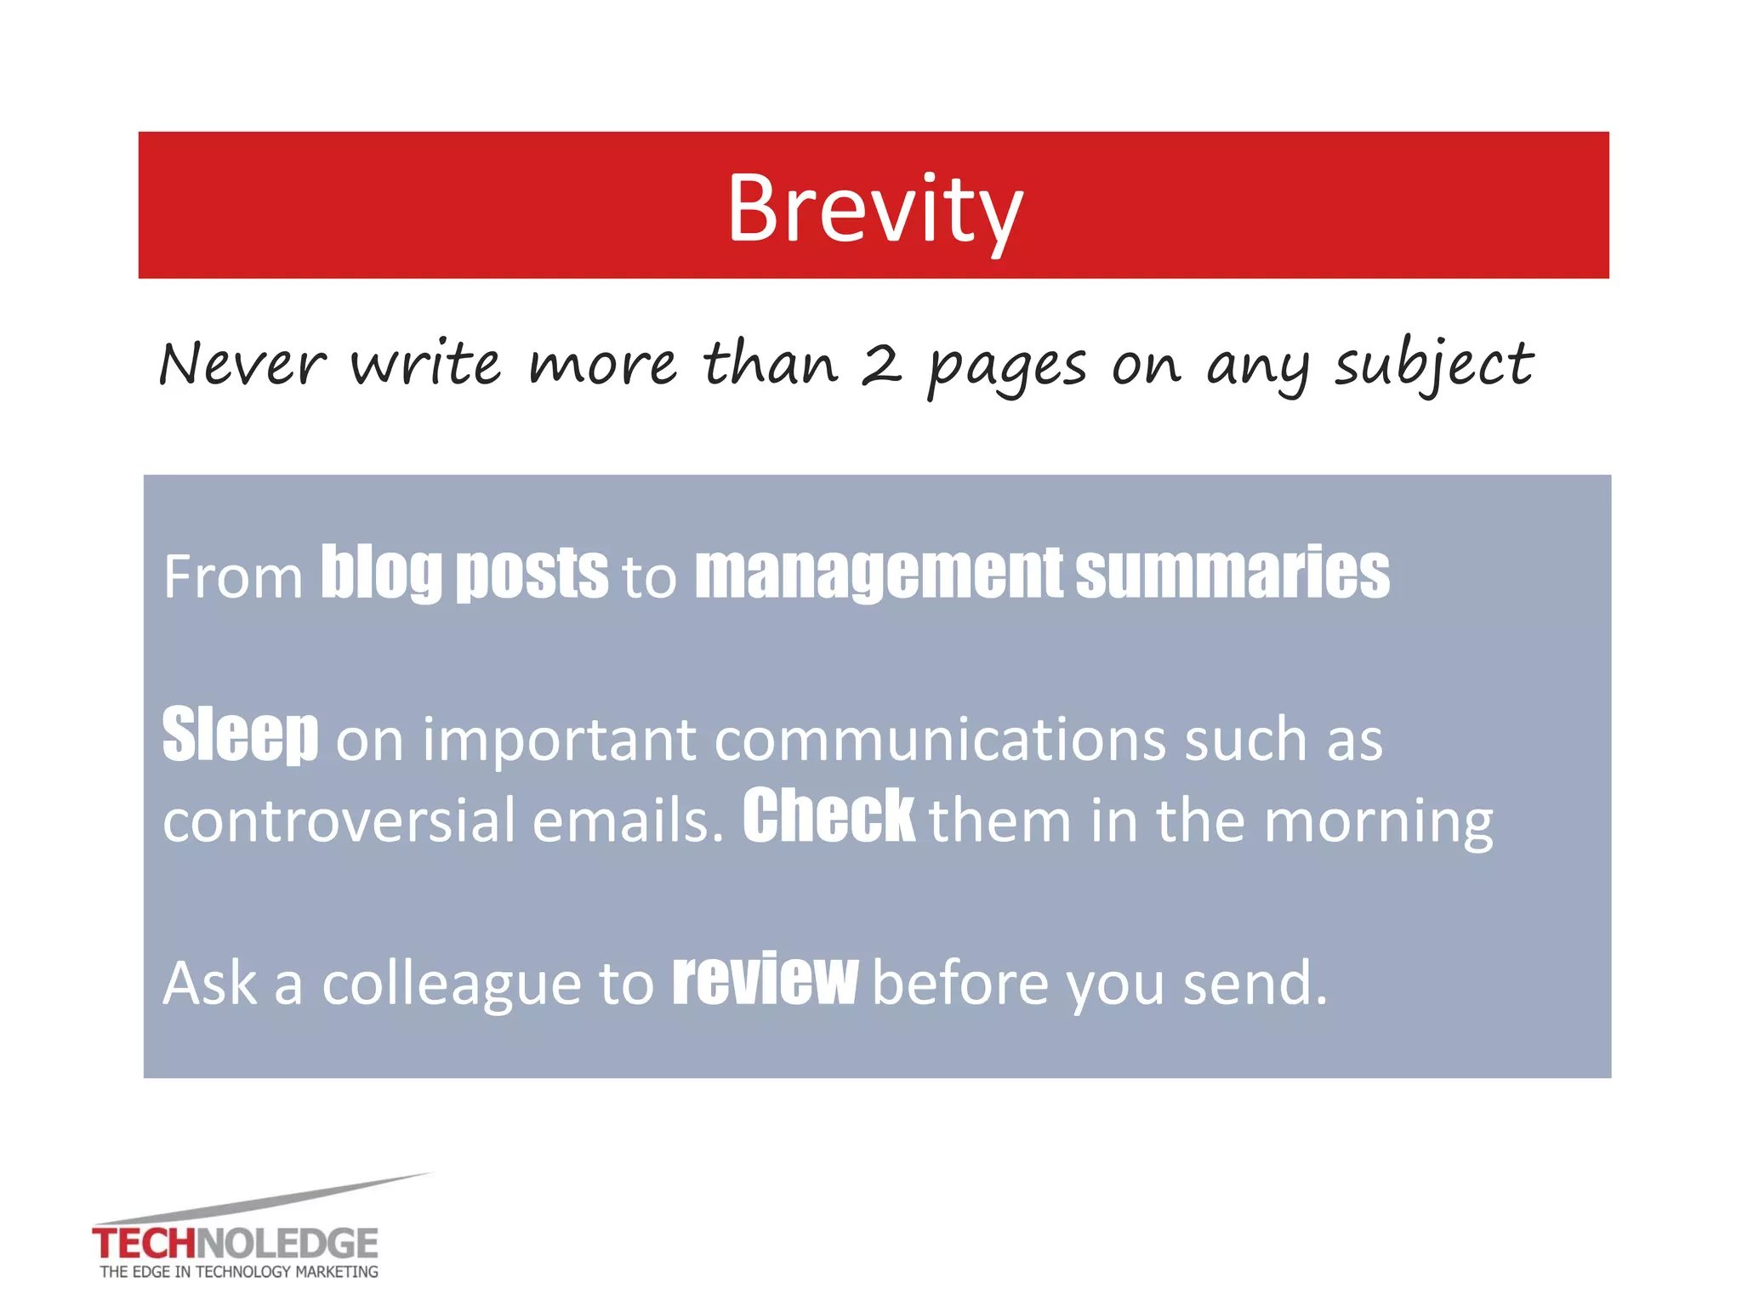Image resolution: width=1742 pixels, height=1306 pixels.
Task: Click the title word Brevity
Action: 874,208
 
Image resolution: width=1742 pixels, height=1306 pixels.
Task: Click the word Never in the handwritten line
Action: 242,364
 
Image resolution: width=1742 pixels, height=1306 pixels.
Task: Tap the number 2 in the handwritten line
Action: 881,365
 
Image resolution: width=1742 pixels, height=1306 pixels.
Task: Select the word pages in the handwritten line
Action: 1007,367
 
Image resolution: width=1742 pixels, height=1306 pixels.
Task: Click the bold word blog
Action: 381,572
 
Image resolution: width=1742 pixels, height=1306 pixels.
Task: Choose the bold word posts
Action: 532,572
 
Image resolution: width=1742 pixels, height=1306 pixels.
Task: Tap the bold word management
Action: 878,572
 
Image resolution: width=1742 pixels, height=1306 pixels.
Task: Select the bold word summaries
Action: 1232,572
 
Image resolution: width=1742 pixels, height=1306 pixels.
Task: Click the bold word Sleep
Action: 241,734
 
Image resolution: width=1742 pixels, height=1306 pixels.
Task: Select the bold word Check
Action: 828,815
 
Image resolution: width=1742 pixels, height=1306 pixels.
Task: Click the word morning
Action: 1378,822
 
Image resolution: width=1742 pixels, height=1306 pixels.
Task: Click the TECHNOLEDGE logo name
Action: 235,1244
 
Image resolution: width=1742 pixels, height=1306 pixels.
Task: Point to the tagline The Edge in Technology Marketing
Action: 239,1272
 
